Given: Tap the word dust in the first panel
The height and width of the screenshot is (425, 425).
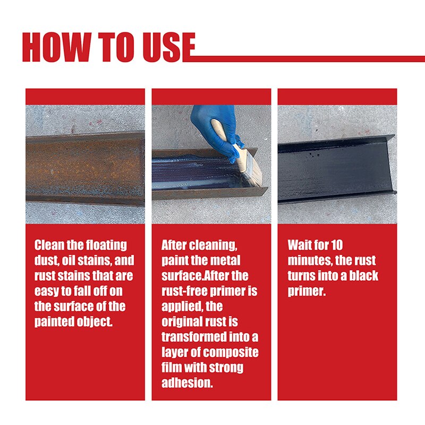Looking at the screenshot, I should click(45, 261).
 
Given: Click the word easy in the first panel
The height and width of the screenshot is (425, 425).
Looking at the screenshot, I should click(46, 292).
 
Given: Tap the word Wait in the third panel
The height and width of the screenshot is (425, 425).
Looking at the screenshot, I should click(300, 245).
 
